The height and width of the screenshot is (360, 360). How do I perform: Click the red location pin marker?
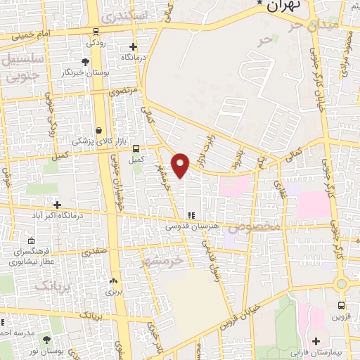[181, 165]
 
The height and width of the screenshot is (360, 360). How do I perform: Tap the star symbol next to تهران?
[261, 4]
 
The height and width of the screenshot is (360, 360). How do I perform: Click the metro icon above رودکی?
[95, 32]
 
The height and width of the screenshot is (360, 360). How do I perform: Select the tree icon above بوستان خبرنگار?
[85, 62]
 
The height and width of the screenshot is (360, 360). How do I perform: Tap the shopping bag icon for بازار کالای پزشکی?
[98, 130]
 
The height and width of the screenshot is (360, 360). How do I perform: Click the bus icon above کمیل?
[136, 148]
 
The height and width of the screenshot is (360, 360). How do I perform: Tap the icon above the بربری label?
[113, 281]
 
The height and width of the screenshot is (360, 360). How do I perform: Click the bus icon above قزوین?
[341, 305]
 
